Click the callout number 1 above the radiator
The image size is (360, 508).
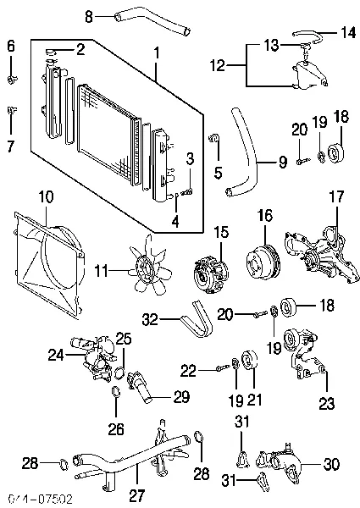pos(156,52)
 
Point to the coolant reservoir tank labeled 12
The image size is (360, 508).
pos(305,77)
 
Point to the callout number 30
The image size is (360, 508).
pos(333,463)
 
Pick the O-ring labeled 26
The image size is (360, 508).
pos(114,391)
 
